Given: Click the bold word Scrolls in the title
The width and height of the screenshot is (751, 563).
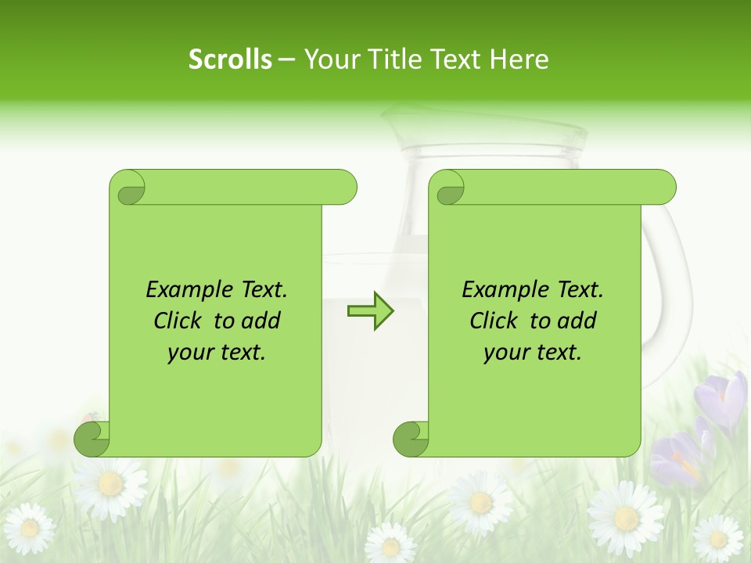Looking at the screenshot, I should (x=230, y=59).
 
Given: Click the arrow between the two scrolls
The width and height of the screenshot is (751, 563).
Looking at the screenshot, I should (x=370, y=310).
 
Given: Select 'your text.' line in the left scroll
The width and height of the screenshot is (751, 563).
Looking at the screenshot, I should (x=217, y=352).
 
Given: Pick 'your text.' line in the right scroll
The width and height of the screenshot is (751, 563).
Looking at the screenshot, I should (x=533, y=352).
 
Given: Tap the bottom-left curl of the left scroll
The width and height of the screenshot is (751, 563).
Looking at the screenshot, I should (x=92, y=439).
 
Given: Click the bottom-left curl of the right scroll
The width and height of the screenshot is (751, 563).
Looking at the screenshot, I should (x=411, y=439).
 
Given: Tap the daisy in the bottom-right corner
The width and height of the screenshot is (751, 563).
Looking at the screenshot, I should (x=717, y=539).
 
